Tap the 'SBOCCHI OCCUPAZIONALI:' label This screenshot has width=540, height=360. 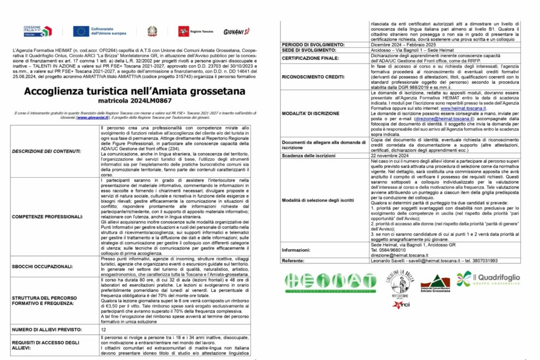pyautogui.click(x=43, y=267)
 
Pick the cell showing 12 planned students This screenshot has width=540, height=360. pyautogui.click(x=104, y=329)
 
